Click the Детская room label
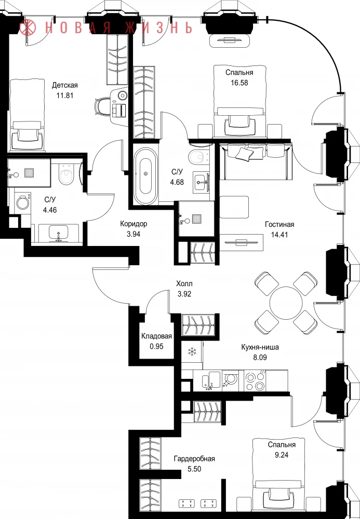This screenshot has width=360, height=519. pos(65,86)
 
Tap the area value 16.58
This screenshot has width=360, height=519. pos(239,83)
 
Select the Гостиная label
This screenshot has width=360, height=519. pos(279,224)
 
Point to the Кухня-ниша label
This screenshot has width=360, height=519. pos(260,347)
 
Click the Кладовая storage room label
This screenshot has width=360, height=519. pos(157,336)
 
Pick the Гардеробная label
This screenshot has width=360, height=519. pos(194,459)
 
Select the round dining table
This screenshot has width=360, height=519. pos(286,303)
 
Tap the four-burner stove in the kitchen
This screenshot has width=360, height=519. pos(255,381)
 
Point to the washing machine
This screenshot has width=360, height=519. pos(23,203)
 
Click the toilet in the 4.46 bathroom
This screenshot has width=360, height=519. pos(67,174)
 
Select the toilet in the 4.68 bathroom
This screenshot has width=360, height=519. pos(198,157)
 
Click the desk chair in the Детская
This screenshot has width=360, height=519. pos(101,106)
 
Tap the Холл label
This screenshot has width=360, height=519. pos(184,284)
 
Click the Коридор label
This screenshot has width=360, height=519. pos(134,224)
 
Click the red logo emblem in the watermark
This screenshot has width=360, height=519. pos(28,27)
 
